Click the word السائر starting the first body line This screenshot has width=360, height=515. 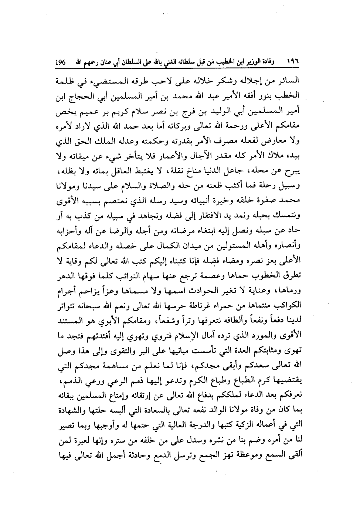coord(289,80)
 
